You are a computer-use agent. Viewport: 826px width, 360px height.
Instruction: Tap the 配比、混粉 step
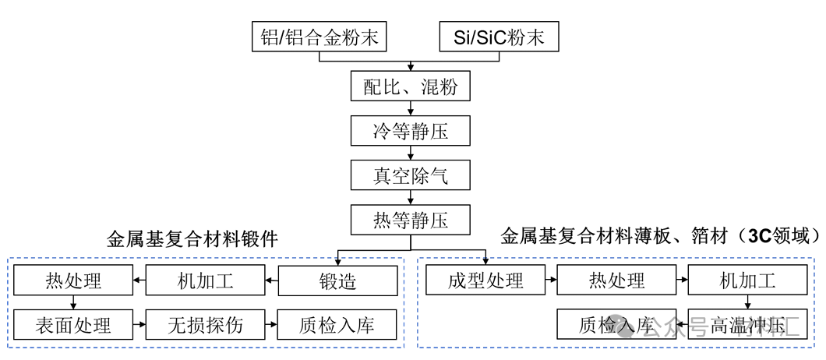pos(411,86)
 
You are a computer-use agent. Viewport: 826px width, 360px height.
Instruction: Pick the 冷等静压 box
pos(411,132)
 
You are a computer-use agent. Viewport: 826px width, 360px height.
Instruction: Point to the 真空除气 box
pos(411,176)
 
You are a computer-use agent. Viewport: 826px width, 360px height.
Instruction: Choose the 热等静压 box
pos(411,221)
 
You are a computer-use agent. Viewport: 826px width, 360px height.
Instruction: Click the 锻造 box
pos(337,281)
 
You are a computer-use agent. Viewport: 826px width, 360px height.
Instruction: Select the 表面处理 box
pos(73,324)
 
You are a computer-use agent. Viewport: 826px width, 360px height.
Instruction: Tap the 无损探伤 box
pos(206,324)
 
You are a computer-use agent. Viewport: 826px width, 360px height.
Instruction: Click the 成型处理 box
pos(485,281)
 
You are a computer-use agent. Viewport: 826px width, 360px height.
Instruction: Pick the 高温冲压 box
pos(747,324)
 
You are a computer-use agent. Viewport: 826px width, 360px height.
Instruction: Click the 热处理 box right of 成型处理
pos(616,281)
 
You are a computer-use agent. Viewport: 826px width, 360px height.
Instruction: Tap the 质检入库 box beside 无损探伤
pos(337,324)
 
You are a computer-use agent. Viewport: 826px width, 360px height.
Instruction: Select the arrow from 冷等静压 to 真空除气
pos(411,154)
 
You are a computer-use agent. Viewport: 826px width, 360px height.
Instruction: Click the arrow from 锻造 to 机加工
pos(269,281)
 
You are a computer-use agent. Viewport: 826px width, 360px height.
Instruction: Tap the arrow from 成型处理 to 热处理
pos(552,281)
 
